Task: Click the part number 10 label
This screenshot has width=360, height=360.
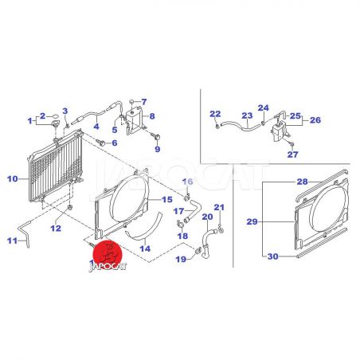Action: pyautogui.click(x=13, y=179)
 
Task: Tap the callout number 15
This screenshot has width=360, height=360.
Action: pyautogui.click(x=167, y=199)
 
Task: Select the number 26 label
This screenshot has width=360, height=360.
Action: pyautogui.click(x=315, y=120)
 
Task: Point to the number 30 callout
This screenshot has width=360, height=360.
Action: pyautogui.click(x=272, y=256)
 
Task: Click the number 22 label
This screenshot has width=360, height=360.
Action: pyautogui.click(x=215, y=114)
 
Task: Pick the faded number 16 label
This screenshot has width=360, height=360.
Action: pyautogui.click(x=187, y=182)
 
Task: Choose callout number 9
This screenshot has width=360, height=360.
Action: pyautogui.click(x=158, y=149)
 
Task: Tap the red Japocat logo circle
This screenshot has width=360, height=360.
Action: pyautogui.click(x=108, y=253)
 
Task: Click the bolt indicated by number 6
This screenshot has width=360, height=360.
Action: pyautogui.click(x=100, y=143)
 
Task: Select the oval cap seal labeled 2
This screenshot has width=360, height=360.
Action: pyautogui.click(x=55, y=116)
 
